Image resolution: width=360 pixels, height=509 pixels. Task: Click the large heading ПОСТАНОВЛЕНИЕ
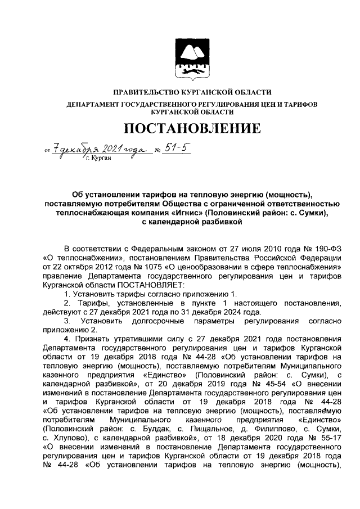tap(192, 129)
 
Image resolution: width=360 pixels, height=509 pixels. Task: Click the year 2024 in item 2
tap(249, 312)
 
